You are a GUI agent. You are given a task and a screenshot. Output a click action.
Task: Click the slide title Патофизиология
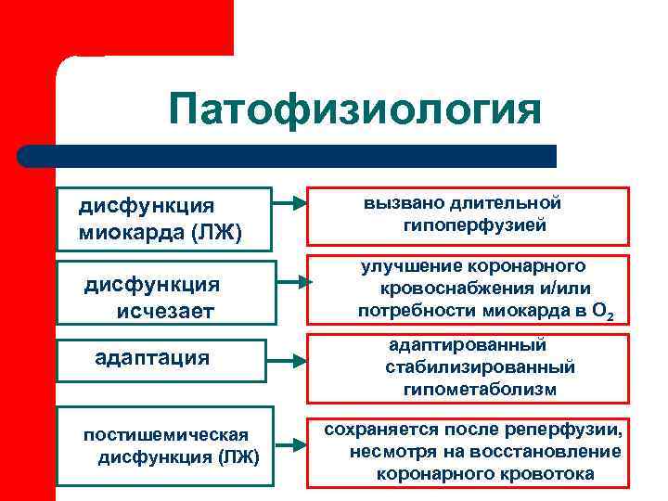click(x=354, y=109)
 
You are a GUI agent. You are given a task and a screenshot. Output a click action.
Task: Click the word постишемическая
click(x=165, y=434)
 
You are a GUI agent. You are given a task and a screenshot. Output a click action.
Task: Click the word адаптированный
click(x=468, y=344)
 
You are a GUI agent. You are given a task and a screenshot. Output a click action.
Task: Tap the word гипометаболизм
click(x=480, y=390)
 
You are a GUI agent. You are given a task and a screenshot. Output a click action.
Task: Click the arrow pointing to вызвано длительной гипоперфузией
click(x=291, y=201)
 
